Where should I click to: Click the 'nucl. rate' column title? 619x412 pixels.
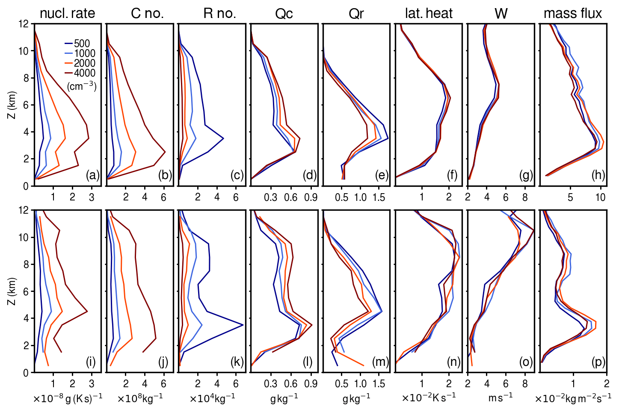click(67, 14)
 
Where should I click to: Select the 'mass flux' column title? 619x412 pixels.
click(572, 14)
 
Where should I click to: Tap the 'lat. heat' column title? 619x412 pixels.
click(428, 14)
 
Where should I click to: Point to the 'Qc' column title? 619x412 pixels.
click(284, 14)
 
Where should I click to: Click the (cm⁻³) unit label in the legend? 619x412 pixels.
click(82, 86)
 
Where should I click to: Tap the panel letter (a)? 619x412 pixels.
click(92, 175)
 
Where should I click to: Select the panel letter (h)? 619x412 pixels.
click(598, 175)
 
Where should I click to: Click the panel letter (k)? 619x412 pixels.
click(237, 362)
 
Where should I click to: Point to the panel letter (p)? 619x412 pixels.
click(598, 362)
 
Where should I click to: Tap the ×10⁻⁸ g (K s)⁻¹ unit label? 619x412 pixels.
click(68, 398)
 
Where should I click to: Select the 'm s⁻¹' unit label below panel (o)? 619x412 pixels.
click(501, 397)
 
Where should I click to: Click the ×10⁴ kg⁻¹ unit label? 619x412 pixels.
click(212, 398)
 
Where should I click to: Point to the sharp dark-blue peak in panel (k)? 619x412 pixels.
click(243, 325)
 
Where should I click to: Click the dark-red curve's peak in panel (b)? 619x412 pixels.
click(165, 152)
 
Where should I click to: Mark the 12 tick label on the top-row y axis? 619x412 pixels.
click(24, 24)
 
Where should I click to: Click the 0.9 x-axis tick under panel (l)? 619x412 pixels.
click(311, 384)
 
